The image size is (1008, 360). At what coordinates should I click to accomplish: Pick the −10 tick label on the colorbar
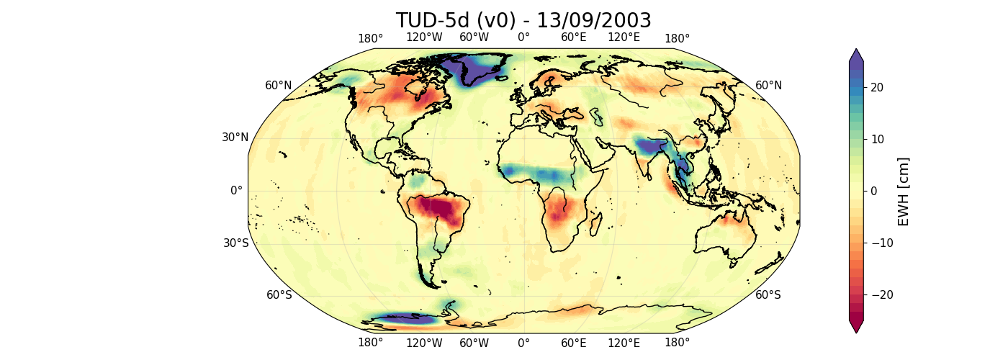[871, 243]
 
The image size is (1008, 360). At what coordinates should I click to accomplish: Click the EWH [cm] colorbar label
[903, 192]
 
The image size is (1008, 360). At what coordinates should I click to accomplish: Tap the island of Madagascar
[595, 226]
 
